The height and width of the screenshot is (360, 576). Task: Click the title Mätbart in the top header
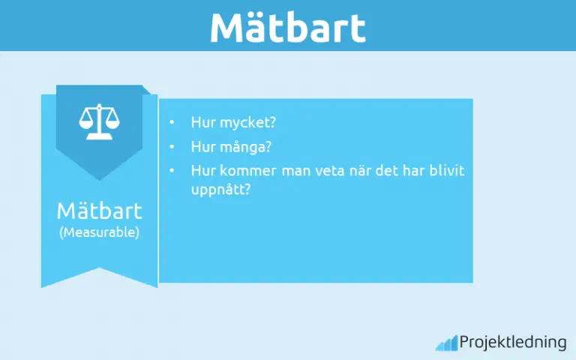(x=287, y=27)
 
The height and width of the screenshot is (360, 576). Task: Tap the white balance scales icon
(x=99, y=122)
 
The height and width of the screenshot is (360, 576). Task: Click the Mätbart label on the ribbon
(x=99, y=210)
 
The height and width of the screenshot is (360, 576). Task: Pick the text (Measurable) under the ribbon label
(x=99, y=232)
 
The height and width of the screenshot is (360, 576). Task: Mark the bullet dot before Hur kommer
(x=172, y=171)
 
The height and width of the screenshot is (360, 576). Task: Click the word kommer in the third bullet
(x=241, y=171)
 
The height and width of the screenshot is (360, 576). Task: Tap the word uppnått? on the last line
(x=220, y=190)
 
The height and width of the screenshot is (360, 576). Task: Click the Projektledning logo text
(x=513, y=343)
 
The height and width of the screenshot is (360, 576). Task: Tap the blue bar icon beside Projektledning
(x=445, y=343)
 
